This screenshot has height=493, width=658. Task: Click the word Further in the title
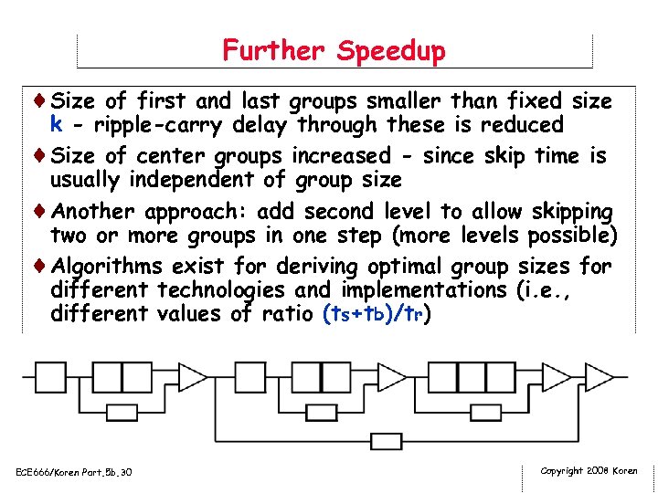tap(275, 50)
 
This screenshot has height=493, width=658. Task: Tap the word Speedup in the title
tap(390, 51)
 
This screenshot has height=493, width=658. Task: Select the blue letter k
tap(57, 124)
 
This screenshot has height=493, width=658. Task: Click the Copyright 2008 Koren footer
tap(589, 471)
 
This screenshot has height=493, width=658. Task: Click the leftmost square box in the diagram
tap(48, 376)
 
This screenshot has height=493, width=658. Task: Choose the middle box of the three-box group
tap(472, 376)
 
